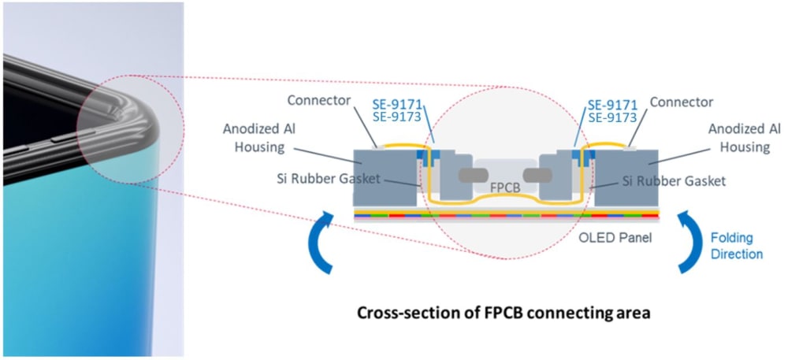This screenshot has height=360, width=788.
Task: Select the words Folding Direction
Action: click(x=737, y=246)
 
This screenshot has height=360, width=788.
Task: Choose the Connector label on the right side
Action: click(x=681, y=102)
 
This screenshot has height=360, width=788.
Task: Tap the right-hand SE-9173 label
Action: click(x=612, y=117)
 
